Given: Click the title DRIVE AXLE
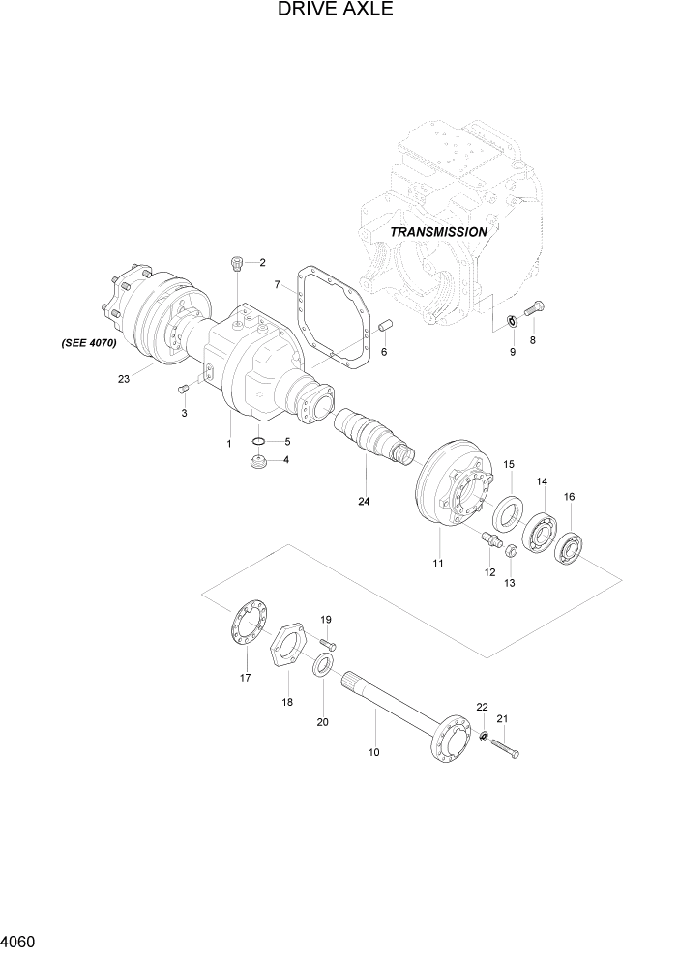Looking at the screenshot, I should [335, 11].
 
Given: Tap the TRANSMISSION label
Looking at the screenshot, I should [438, 232].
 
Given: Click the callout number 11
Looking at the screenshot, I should [437, 562].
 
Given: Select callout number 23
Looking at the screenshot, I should [123, 379].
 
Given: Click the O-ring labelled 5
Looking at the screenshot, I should [258, 443].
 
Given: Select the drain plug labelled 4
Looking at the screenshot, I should [257, 465].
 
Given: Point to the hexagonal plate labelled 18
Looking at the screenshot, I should [288, 654].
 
